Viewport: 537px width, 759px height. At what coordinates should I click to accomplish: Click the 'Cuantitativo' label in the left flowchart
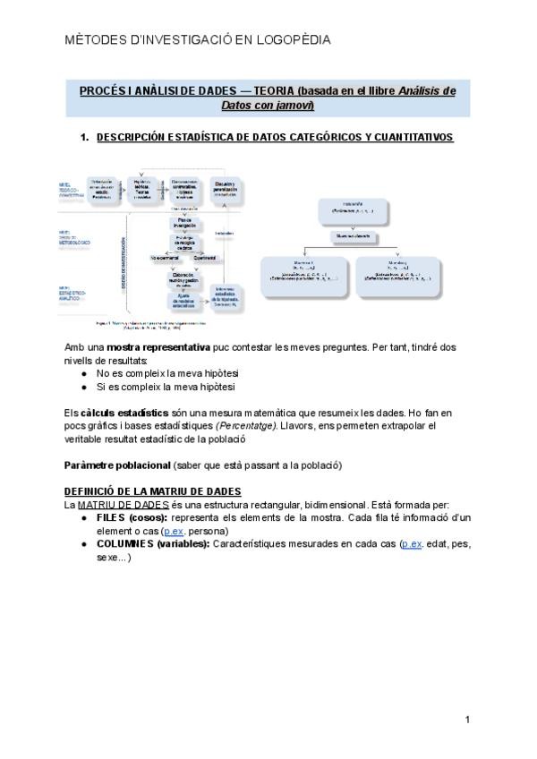(211, 258)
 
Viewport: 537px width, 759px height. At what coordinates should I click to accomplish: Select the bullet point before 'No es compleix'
(83, 373)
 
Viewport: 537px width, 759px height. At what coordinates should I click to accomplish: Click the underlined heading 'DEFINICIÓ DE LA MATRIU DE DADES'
(153, 492)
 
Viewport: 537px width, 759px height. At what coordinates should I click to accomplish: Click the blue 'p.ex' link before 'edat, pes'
(413, 544)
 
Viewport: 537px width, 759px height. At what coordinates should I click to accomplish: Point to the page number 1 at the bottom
(467, 720)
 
